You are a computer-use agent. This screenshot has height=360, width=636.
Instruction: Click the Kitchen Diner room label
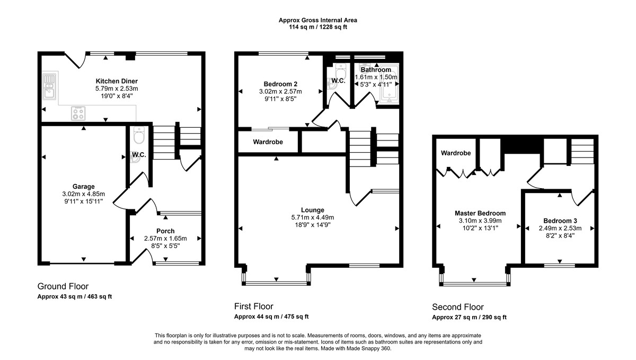[x=117, y=81]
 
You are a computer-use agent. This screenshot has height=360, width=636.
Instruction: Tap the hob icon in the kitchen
[x=79, y=113]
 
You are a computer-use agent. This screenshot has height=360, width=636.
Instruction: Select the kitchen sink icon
[x=49, y=88]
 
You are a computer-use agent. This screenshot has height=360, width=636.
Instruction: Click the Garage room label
[x=84, y=187]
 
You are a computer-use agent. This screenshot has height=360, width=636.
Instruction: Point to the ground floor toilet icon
[x=139, y=137]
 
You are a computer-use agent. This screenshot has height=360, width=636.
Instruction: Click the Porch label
[x=165, y=231]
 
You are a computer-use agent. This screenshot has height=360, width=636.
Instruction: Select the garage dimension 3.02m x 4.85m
[x=84, y=194]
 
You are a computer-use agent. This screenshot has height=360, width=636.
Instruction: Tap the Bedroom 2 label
[x=280, y=84]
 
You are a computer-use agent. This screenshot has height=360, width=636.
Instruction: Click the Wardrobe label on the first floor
[x=268, y=142]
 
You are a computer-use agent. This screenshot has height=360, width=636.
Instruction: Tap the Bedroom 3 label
[x=560, y=221]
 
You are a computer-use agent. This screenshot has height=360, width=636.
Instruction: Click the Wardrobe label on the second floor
[x=455, y=153]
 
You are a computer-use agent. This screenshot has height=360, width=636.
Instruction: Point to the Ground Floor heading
[x=63, y=286]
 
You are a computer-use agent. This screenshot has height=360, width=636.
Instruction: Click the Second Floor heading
[x=458, y=307]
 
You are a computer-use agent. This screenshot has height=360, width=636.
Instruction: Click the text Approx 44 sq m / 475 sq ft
[x=271, y=317]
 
